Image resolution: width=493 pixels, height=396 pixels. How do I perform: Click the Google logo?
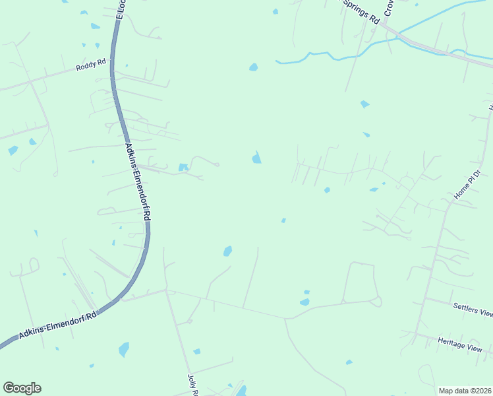(x=22, y=388)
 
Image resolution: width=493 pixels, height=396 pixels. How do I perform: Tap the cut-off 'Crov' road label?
(x=389, y=8)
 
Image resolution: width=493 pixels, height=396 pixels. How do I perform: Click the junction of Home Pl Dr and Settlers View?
(x=425, y=298)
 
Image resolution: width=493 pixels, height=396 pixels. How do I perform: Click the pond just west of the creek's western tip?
(x=254, y=67)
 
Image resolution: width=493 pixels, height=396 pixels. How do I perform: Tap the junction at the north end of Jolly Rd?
(x=165, y=290)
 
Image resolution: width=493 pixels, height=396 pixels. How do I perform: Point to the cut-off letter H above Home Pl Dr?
(x=490, y=107)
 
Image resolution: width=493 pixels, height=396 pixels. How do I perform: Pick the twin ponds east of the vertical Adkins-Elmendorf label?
(x=183, y=168)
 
